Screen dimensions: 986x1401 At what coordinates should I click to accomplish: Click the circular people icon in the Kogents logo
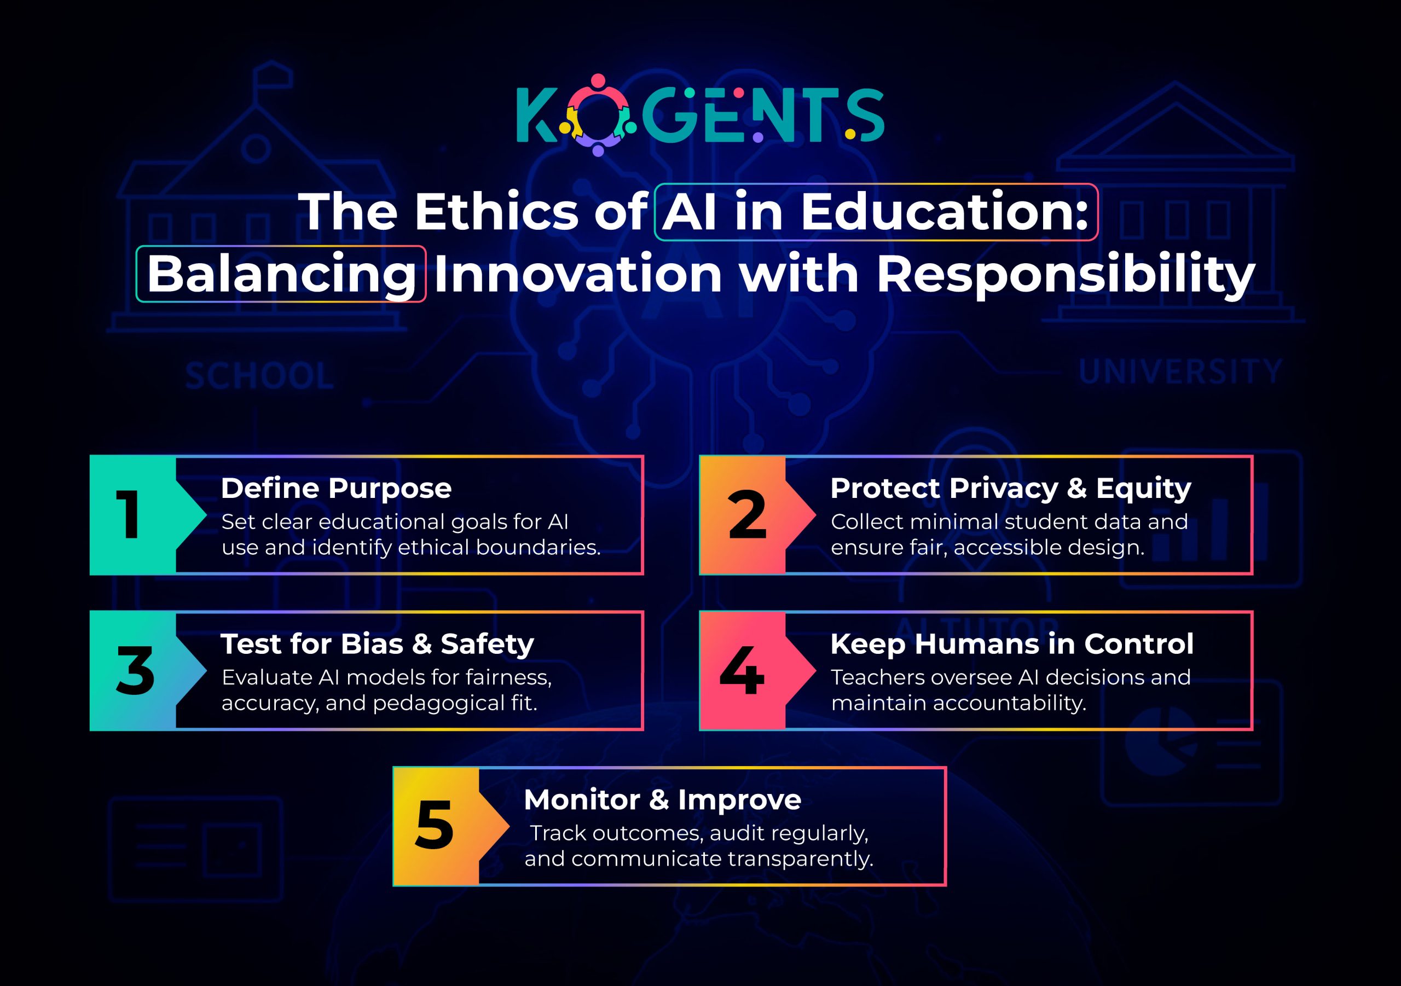598,115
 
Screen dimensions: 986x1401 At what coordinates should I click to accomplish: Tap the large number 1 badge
129,514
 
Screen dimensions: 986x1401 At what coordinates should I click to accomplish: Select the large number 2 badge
746,514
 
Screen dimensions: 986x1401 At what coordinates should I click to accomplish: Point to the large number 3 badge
135,670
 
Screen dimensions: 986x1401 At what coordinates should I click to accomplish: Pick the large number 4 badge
742,670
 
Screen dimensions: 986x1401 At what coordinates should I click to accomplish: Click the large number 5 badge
434,826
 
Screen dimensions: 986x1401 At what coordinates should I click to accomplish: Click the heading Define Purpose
335,488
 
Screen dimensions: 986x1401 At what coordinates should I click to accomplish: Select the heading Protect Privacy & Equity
1010,488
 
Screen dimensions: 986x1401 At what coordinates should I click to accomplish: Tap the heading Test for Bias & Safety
377,643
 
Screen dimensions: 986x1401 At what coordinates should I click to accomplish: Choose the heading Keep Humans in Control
1011,643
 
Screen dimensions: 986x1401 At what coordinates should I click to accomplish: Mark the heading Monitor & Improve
662,799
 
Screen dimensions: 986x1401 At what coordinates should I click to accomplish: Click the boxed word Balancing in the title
281,274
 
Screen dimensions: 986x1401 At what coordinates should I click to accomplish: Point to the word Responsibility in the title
1066,274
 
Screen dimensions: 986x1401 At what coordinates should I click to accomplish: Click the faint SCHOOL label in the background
259,375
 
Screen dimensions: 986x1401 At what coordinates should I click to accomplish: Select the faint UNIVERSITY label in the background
1180,372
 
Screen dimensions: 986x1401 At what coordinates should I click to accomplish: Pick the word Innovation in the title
578,274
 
